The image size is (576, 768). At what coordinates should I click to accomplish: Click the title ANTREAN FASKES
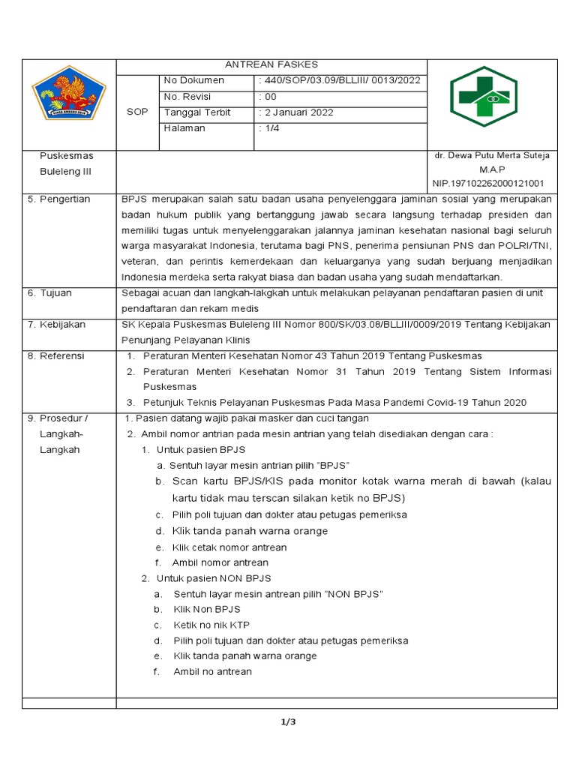coord(271,65)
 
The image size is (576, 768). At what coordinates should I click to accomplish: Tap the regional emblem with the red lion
coord(68,96)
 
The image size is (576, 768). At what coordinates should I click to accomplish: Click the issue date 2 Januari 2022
coord(297,112)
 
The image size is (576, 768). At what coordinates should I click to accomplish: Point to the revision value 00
coord(268,97)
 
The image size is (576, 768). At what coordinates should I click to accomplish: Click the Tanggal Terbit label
coord(197,112)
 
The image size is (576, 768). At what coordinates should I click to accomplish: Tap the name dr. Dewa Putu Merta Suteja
coord(492,155)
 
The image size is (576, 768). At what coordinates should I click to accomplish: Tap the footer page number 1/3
coord(289,722)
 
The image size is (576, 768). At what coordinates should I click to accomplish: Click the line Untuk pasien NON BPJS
coord(214,578)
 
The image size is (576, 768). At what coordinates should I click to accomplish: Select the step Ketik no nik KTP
coord(211,625)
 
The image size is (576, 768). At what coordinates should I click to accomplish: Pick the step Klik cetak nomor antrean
coord(229,547)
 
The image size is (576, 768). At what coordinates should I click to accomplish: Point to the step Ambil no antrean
coord(212,672)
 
